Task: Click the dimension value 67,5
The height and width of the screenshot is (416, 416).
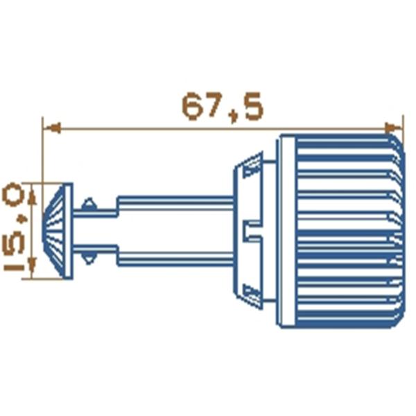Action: click(222, 107)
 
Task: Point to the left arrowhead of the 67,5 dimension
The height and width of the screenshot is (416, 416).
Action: click(50, 128)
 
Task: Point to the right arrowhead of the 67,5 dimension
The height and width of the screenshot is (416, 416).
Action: click(396, 128)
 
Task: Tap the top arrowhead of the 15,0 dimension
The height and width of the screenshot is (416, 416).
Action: click(32, 189)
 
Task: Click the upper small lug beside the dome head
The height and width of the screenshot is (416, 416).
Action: click(89, 205)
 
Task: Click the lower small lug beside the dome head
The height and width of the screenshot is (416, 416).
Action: click(89, 258)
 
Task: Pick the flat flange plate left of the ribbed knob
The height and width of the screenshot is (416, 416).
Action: click(286, 231)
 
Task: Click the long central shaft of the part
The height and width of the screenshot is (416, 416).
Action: click(173, 231)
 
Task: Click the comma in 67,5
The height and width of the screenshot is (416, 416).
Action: click(234, 117)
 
